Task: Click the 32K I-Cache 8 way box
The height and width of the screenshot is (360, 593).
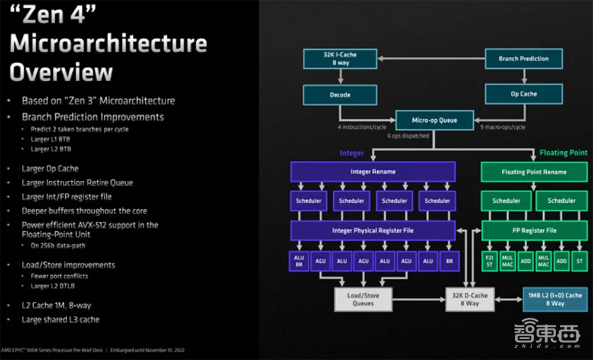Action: (x=340, y=58)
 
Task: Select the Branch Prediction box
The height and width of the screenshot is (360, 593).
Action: (x=524, y=59)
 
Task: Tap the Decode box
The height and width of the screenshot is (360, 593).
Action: (x=340, y=94)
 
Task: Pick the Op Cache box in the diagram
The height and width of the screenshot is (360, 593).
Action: (x=524, y=94)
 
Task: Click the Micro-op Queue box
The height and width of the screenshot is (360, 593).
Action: (x=435, y=120)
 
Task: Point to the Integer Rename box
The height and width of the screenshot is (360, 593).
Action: (x=372, y=171)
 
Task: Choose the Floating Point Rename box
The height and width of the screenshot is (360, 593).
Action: (x=534, y=172)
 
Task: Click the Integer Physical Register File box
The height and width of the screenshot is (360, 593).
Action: (x=372, y=230)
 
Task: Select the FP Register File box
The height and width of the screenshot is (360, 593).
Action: (x=534, y=230)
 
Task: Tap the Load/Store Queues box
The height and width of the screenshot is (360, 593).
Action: (x=363, y=299)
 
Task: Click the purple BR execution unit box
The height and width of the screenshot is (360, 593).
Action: (x=449, y=260)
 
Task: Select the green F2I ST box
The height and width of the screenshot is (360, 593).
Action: (x=490, y=260)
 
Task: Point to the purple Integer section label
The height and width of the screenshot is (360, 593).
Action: (x=351, y=153)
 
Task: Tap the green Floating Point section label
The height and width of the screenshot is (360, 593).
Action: (x=563, y=153)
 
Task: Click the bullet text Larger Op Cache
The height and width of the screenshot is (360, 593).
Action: (x=50, y=168)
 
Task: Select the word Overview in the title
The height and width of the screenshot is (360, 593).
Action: (x=61, y=72)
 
